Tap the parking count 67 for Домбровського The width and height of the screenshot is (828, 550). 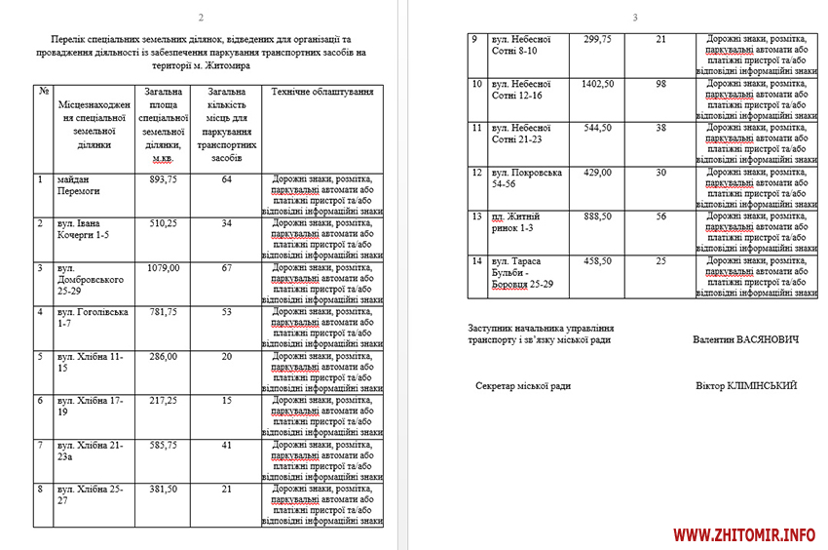pyautogui.click(x=226, y=267)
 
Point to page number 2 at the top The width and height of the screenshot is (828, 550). pyautogui.click(x=201, y=18)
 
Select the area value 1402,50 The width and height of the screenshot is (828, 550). pyautogui.click(x=597, y=84)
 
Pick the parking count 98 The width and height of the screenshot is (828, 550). pyautogui.click(x=661, y=84)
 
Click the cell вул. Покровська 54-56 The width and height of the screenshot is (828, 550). pyautogui.click(x=527, y=178)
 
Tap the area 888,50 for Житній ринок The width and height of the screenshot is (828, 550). pyautogui.click(x=597, y=216)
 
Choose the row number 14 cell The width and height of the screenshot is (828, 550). pyautogui.click(x=477, y=261)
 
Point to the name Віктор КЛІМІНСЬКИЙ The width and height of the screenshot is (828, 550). pyautogui.click(x=746, y=385)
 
